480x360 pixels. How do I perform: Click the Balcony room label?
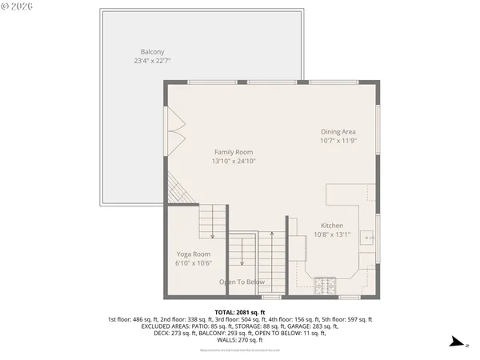point(152,51)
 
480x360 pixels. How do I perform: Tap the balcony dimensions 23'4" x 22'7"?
point(152,60)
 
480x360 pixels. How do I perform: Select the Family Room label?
point(233,152)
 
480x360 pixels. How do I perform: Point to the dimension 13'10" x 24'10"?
point(233,161)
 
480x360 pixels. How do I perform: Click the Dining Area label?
point(338,131)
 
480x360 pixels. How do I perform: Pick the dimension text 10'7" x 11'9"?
point(338,140)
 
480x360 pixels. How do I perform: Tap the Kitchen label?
point(332,226)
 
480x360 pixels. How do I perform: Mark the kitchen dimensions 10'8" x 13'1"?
point(332,234)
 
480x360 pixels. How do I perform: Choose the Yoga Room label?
point(193,254)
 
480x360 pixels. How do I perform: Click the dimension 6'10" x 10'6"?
point(193,262)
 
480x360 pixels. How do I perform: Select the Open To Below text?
point(242,282)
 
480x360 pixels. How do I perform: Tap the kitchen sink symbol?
point(367,238)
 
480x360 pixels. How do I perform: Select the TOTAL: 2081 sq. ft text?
point(240,312)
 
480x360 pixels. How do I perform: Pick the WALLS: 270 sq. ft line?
point(240,340)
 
